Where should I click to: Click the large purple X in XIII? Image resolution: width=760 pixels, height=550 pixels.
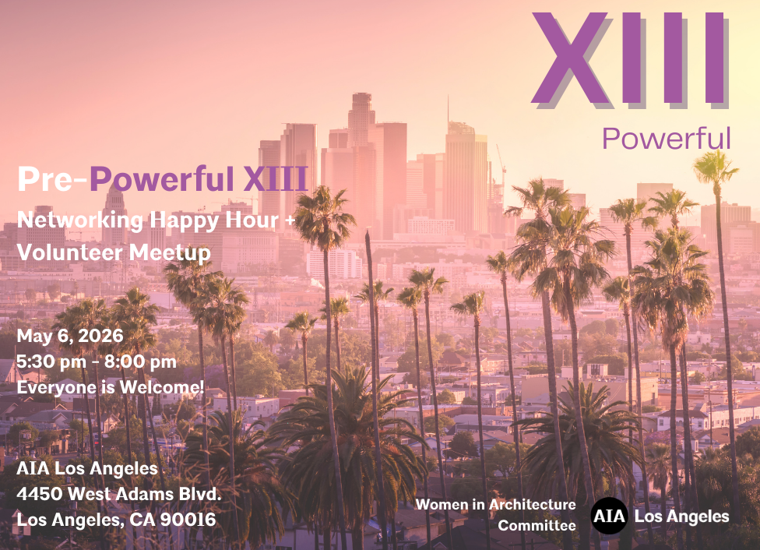coord(570,58)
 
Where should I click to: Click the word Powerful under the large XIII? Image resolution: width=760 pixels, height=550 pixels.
coord(666,138)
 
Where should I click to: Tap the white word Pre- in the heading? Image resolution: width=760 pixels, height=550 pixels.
coord(52,178)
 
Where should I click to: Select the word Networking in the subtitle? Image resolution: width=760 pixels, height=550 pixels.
coord(80,220)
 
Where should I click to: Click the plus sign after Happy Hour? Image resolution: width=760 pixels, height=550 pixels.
coord(290,220)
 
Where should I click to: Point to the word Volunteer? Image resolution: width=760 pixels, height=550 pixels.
coord(69,252)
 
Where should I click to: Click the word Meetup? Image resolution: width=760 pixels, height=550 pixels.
coord(170,253)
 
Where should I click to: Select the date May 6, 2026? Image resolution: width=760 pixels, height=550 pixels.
coord(70,336)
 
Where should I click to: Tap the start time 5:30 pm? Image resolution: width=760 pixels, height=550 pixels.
coord(51,361)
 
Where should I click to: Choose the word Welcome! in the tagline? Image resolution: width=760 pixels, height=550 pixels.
coord(162,387)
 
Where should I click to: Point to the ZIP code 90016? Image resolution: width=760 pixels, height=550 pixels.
coord(188,520)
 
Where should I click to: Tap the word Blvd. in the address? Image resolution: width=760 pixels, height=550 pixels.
coord(200,494)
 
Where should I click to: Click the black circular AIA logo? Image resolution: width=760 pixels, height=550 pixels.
coord(609,516)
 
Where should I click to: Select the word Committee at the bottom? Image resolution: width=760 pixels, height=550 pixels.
coord(537,525)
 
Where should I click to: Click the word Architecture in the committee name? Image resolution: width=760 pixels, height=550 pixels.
coord(532,504)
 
